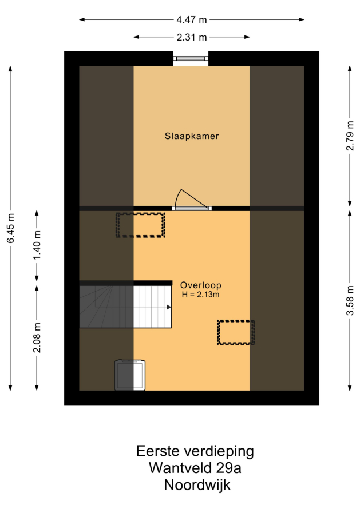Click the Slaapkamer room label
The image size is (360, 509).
click(192, 136)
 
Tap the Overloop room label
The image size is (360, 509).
click(201, 285)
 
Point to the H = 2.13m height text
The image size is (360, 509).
click(200, 295)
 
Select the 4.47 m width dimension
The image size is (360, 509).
click(192, 20)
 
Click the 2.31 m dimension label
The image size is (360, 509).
click(192, 37)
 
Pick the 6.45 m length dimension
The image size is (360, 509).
click(10, 228)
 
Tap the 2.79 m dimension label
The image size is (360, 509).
click(350, 136)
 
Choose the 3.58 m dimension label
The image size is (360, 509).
click(350, 301)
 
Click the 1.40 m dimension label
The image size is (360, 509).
click(37, 245)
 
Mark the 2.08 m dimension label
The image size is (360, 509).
click(37, 337)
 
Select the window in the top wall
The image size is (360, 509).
click(191, 58)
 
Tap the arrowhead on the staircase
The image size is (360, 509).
click(169, 307)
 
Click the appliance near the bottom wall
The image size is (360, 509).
click(130, 375)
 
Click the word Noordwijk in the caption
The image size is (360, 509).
click(197, 485)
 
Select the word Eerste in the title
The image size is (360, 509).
click(158, 451)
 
